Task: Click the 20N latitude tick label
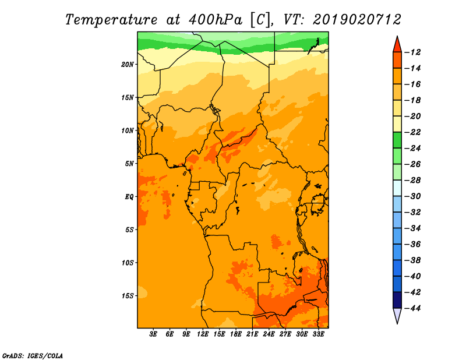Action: (x=128, y=65)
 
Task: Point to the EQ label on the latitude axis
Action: (x=129, y=197)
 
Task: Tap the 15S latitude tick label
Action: (x=128, y=296)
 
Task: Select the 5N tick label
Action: (x=129, y=164)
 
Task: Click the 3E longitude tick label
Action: (x=153, y=334)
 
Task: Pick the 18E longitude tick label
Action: (x=236, y=334)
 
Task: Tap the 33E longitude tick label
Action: (x=318, y=334)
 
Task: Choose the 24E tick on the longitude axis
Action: (x=269, y=334)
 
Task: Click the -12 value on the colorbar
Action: (x=413, y=52)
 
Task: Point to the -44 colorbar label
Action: (x=413, y=308)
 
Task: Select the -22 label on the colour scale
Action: (x=413, y=132)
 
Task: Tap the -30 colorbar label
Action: (x=413, y=196)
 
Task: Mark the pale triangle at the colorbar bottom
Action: (x=397, y=315)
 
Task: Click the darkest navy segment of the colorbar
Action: (x=397, y=300)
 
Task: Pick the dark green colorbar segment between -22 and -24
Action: (x=397, y=140)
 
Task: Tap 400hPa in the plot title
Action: (x=215, y=20)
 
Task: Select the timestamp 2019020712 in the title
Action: (x=357, y=20)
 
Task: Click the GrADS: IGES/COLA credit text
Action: (x=33, y=356)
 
